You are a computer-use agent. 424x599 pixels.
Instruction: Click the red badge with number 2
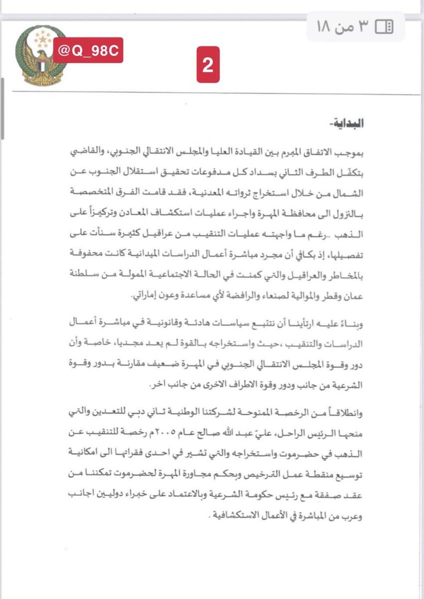click(x=208, y=65)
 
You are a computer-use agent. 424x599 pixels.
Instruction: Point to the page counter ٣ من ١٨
click(x=341, y=26)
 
